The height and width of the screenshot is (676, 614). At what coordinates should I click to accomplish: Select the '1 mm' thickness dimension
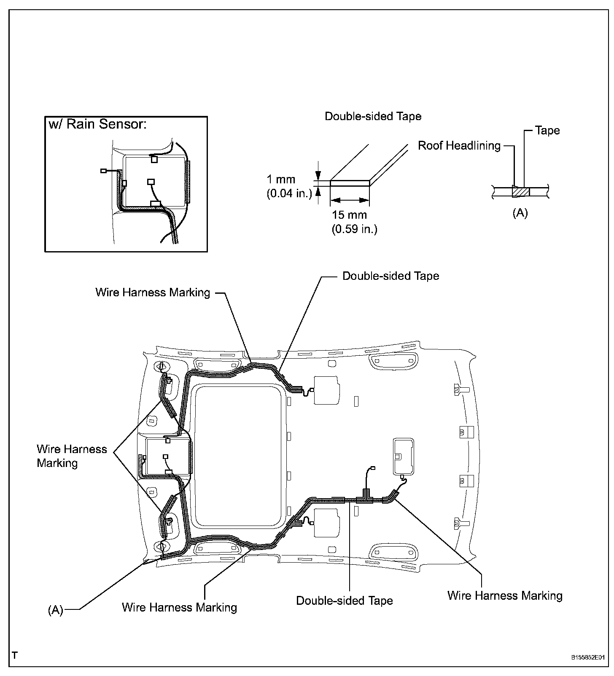281,180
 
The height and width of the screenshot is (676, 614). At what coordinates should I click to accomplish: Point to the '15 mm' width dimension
349,215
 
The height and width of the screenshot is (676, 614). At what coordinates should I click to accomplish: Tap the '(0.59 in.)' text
354,229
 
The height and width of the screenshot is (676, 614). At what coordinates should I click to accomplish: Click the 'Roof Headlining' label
459,146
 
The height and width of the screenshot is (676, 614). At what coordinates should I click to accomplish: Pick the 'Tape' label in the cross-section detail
547,130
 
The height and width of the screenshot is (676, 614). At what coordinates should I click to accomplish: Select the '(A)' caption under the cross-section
520,213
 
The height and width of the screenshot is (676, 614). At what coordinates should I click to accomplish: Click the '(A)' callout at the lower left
55,610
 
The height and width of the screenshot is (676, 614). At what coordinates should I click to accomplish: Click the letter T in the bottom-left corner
15,655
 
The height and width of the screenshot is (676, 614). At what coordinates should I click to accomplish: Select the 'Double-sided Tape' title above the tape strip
373,116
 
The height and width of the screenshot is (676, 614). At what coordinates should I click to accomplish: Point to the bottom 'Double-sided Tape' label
344,601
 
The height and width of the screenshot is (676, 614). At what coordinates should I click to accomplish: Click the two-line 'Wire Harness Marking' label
72,456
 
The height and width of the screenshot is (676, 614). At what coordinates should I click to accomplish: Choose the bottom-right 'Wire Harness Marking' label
505,596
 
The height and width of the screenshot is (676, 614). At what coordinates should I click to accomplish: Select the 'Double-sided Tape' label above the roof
390,276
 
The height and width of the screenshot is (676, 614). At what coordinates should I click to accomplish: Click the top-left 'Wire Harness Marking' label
153,292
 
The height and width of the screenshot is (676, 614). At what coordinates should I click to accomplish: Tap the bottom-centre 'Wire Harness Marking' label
179,607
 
